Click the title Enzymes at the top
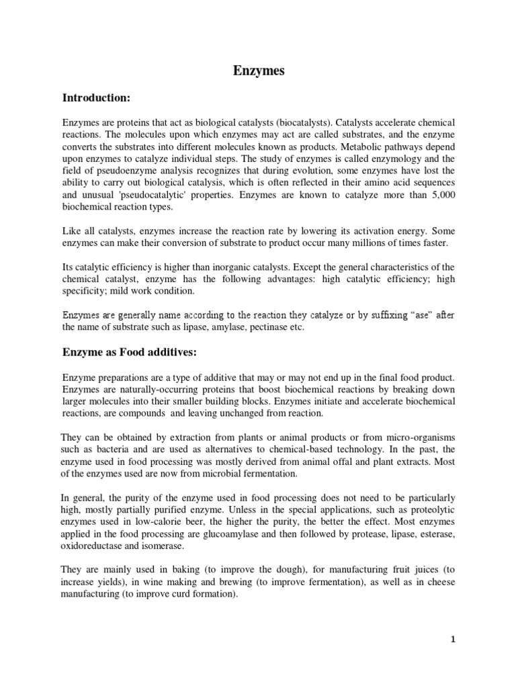258,71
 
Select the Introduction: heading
95,98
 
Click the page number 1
453,640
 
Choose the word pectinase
267,328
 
